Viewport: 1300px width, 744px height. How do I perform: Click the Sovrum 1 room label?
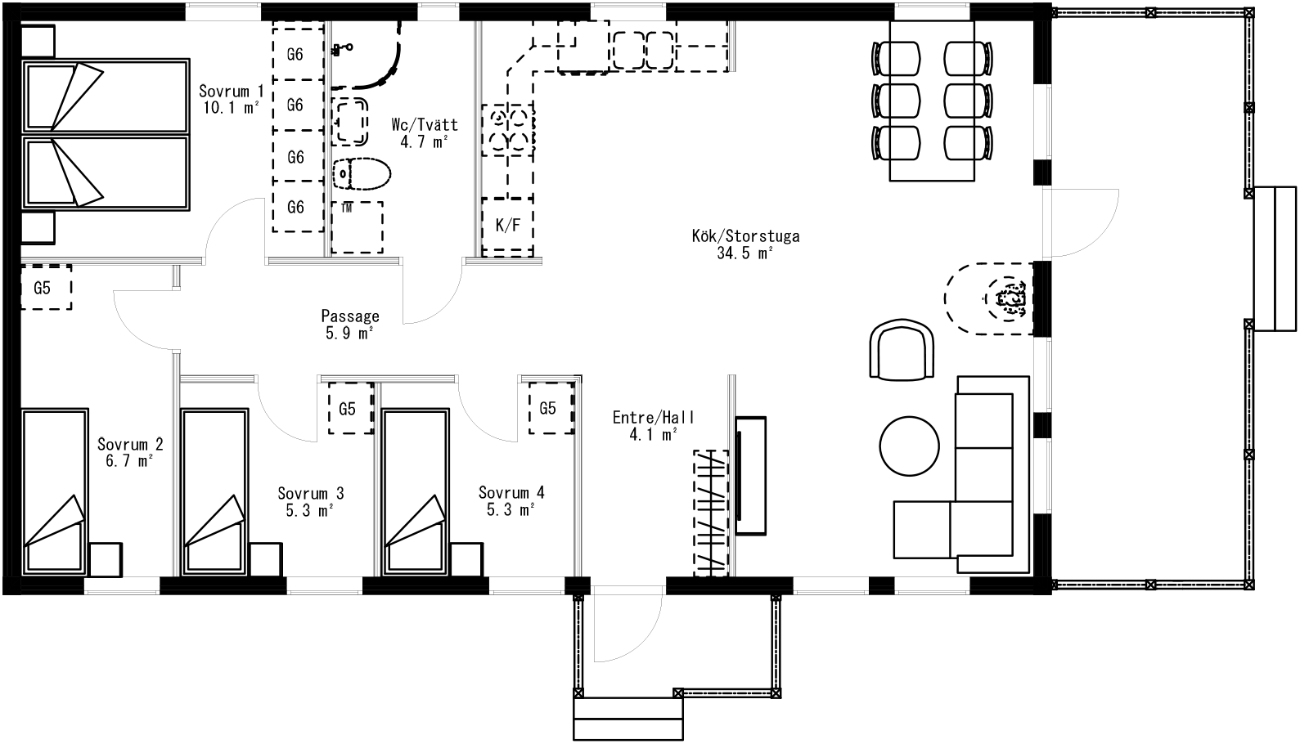(x=231, y=91)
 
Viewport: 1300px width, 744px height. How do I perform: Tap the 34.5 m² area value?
(x=744, y=253)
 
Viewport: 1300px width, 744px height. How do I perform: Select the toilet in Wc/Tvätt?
(x=362, y=173)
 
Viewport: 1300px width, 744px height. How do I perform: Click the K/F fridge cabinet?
(x=508, y=226)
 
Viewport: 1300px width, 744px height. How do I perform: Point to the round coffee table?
(x=909, y=446)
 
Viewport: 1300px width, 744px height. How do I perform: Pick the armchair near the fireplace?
(x=902, y=350)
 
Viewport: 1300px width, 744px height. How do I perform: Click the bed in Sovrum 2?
(x=55, y=492)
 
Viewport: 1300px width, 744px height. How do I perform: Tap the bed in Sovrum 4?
(x=416, y=492)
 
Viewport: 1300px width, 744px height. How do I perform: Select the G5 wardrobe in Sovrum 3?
(x=350, y=408)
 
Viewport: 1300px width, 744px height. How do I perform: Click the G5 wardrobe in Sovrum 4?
(x=551, y=408)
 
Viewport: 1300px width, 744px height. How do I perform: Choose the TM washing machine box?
(x=357, y=226)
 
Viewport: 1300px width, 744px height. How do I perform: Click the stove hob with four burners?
(x=508, y=130)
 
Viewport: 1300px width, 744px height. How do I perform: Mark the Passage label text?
(x=350, y=316)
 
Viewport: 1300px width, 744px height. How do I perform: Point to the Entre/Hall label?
(x=654, y=417)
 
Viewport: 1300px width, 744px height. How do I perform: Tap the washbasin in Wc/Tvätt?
(x=350, y=121)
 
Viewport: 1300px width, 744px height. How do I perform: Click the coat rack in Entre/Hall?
(x=711, y=513)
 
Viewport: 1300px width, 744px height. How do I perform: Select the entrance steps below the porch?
(x=628, y=719)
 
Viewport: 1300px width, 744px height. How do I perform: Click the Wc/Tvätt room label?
(x=425, y=124)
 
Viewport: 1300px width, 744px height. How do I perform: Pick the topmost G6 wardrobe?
(x=298, y=55)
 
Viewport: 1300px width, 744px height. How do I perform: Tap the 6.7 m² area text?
(x=129, y=461)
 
